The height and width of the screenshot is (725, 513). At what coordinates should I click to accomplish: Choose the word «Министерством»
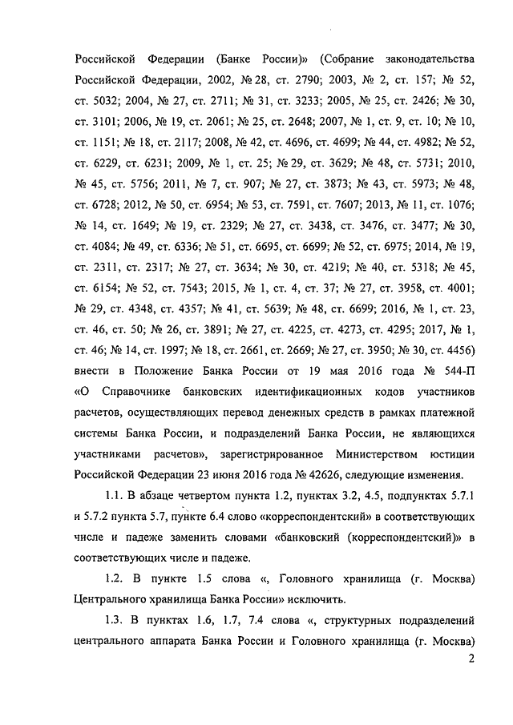point(382,455)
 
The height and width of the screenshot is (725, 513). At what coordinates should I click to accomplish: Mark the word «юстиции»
point(454,455)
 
